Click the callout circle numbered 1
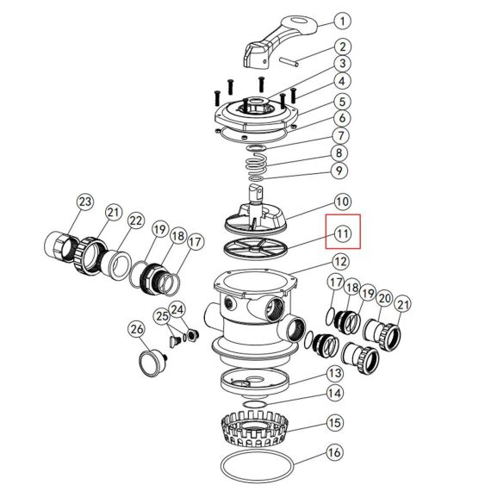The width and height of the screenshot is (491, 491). click(x=342, y=21)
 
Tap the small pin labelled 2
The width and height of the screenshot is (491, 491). click(x=289, y=61)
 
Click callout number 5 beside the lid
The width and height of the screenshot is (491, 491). click(x=342, y=102)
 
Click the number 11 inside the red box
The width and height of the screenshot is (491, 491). click(x=342, y=233)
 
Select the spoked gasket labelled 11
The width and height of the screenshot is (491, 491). click(x=256, y=248)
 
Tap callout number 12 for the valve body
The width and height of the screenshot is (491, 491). click(x=340, y=262)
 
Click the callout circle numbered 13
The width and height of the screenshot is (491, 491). click(x=335, y=373)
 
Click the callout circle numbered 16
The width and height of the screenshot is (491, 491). click(x=334, y=452)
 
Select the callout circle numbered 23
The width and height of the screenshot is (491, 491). click(x=85, y=202)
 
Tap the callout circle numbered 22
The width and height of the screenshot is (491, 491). click(x=135, y=221)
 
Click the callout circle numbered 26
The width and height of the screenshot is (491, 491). click(x=137, y=329)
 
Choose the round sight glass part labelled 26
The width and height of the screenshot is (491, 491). click(x=152, y=363)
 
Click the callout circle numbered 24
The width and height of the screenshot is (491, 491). click(x=177, y=310)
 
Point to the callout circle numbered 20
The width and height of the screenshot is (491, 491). click(x=384, y=298)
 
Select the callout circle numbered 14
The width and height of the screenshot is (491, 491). click(x=335, y=393)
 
